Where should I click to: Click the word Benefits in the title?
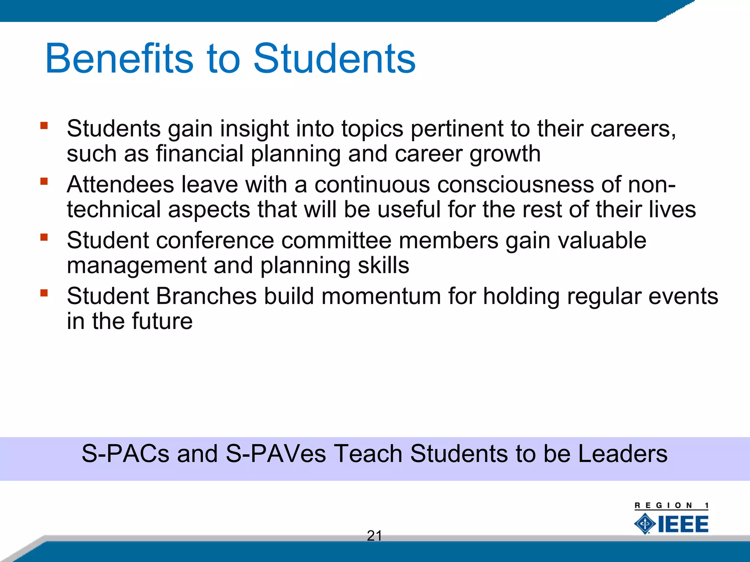pyautogui.click(x=119, y=59)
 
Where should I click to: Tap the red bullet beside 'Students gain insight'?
pyautogui.click(x=44, y=126)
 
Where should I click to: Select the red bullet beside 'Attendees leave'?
pyautogui.click(x=44, y=181)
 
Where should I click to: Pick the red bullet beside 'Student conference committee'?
pyautogui.click(x=44, y=237)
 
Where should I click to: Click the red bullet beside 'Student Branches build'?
pyautogui.click(x=44, y=293)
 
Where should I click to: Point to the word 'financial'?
pyautogui.click(x=200, y=154)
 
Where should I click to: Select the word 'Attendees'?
pyautogui.click(x=120, y=184)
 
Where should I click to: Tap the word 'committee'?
pyautogui.click(x=337, y=240)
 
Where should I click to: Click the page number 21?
pyautogui.click(x=374, y=536)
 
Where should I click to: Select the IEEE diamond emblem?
pyautogui.click(x=645, y=524)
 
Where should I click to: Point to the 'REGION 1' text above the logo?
pyautogui.click(x=671, y=506)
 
